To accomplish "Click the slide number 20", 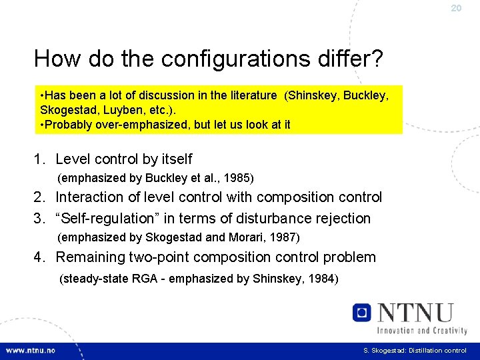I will pos(456,8).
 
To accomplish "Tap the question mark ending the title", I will pos(377,59).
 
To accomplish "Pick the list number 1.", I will pos(39,159).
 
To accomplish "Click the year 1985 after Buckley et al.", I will pos(237,178).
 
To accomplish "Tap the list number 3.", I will pos(39,219).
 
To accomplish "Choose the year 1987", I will pos(283,237).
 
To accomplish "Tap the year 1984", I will pos(321,279).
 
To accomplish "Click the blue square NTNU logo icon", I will pos(362,312).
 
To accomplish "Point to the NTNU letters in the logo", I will pos(415,312).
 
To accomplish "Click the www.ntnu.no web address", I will pos(31,350).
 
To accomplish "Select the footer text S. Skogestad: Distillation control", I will pos(415,351).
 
